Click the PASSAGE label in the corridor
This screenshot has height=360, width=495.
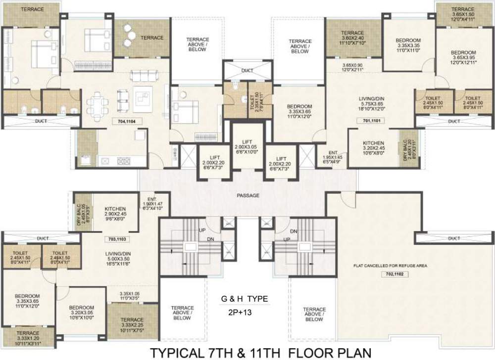pyautogui.click(x=248, y=196)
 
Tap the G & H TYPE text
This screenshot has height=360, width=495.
pyautogui.click(x=244, y=299)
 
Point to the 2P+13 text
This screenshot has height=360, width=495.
pyautogui.click(x=244, y=312)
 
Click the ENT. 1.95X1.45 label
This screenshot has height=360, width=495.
pyautogui.click(x=333, y=157)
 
